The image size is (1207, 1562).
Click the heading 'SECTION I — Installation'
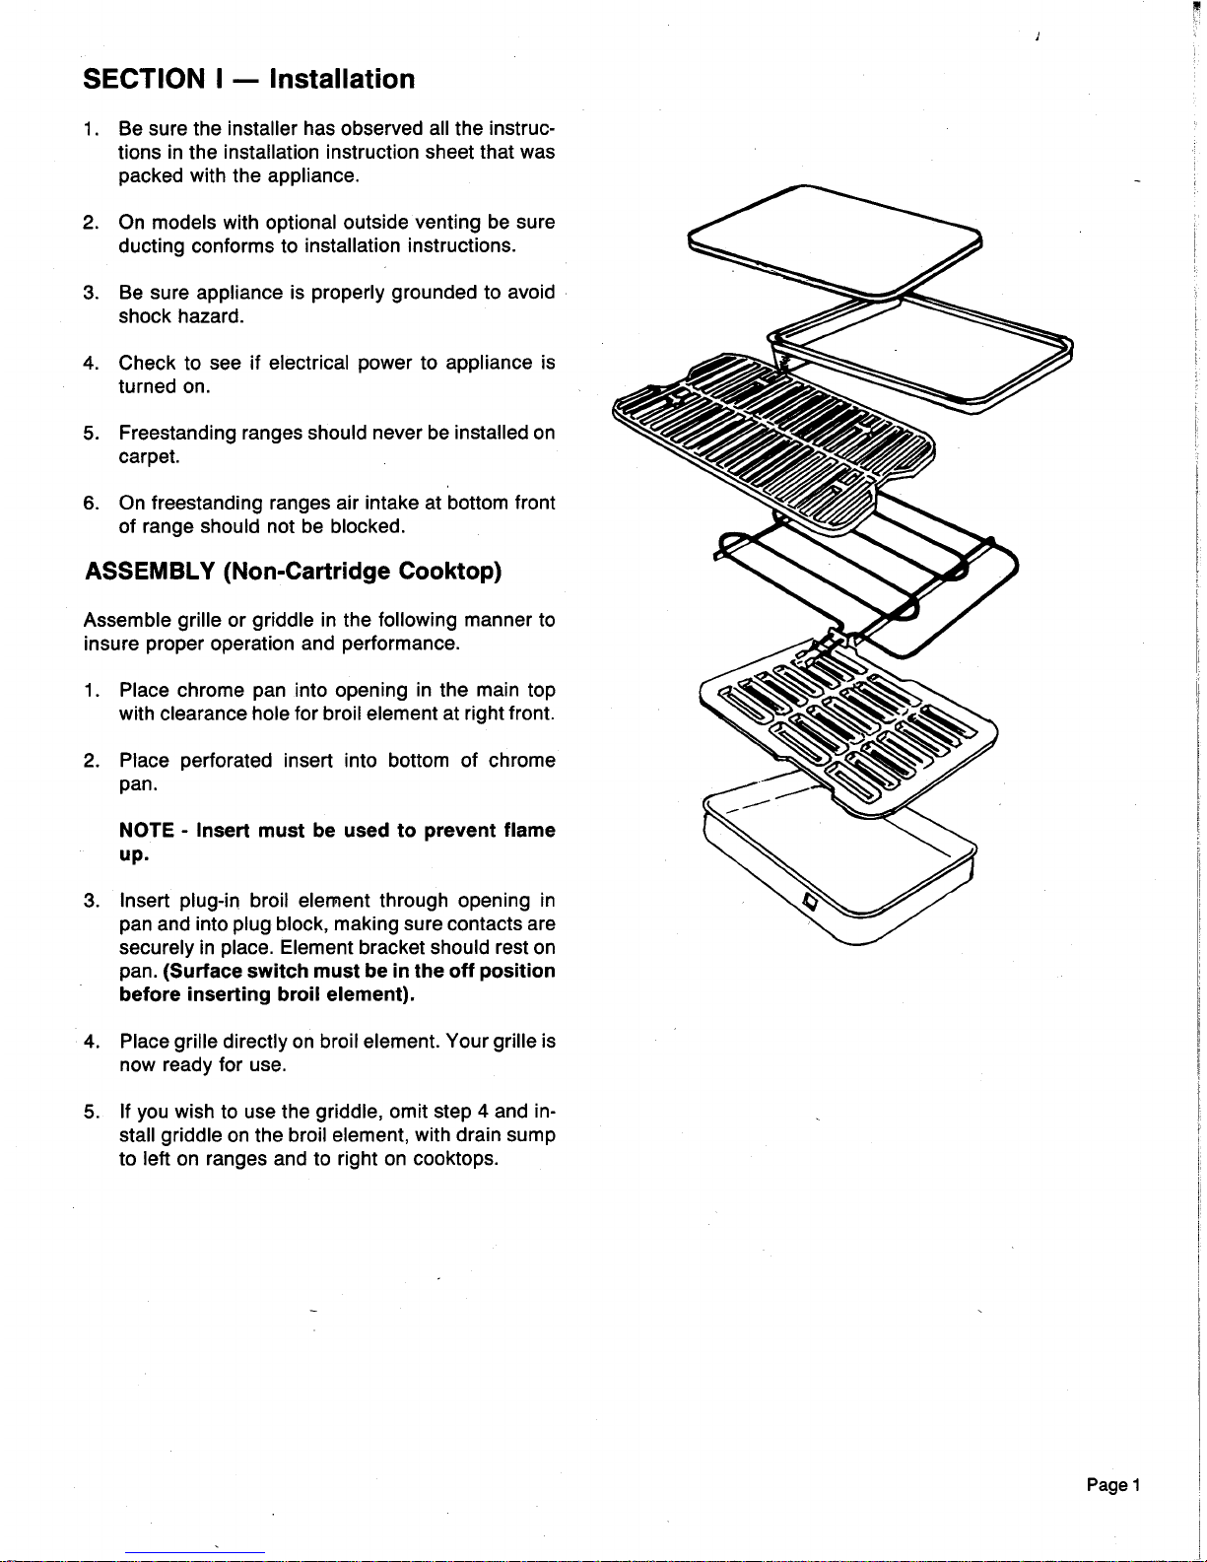[249, 79]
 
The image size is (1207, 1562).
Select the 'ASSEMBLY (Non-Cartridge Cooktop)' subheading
[293, 572]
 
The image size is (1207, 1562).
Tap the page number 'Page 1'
[1113, 1485]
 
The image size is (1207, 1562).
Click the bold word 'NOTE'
[147, 831]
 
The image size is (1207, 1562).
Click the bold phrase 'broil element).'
[346, 995]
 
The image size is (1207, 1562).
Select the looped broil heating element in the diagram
[867, 581]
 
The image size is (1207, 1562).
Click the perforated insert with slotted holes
[847, 724]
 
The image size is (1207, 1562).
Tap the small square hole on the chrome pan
[811, 903]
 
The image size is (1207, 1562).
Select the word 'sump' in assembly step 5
[531, 1135]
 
